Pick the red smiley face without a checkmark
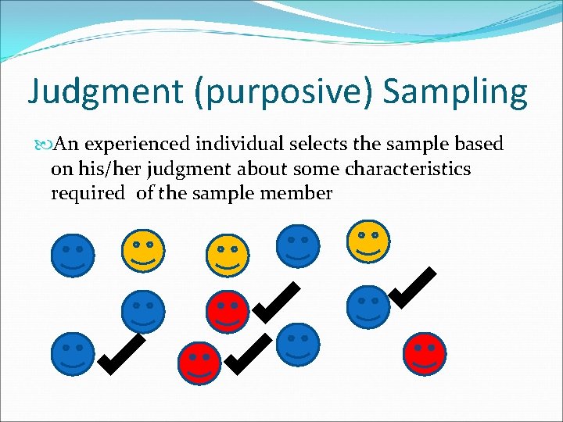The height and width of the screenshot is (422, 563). click(425, 354)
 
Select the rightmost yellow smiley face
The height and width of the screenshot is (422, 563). click(369, 241)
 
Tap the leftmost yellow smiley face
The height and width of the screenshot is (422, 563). click(144, 251)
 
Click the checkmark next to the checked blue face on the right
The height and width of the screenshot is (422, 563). click(413, 288)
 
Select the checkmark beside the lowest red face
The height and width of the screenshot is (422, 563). click(250, 352)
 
